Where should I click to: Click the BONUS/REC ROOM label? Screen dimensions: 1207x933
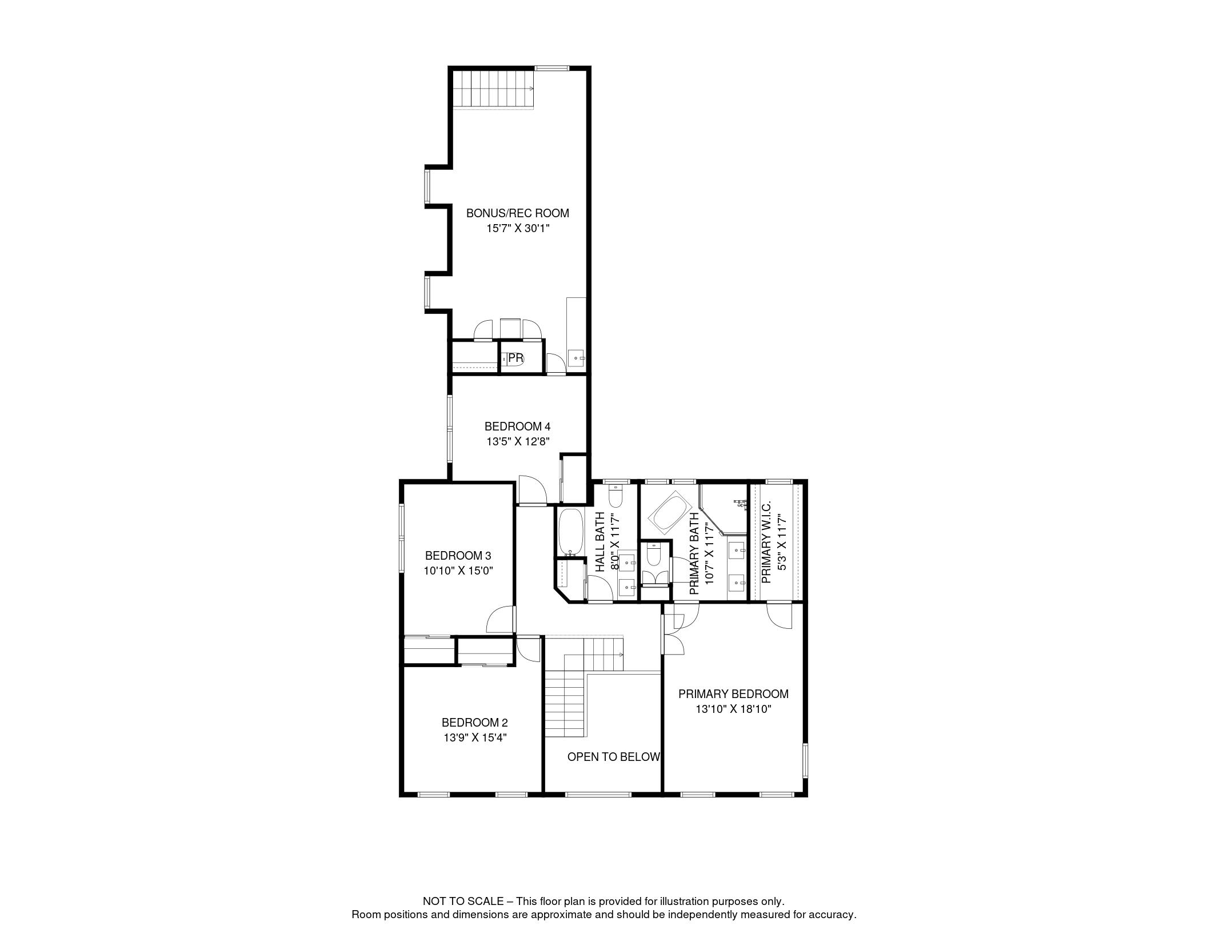[518, 213]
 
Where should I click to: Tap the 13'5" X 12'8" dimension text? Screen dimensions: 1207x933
[518, 441]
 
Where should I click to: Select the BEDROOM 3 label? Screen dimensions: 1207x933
[458, 556]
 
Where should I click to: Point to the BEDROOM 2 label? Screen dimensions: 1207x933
[475, 723]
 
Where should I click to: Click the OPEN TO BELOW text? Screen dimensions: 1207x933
[614, 757]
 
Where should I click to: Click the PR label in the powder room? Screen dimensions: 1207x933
[515, 358]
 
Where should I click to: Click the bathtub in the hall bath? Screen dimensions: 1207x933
[570, 532]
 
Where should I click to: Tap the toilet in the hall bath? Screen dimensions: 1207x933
[616, 496]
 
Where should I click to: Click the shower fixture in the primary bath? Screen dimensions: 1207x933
[741, 504]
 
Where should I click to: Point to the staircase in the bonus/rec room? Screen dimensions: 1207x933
[494, 89]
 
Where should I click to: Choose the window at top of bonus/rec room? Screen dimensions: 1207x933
[552, 69]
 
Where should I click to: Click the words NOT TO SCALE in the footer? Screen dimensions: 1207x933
[463, 902]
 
